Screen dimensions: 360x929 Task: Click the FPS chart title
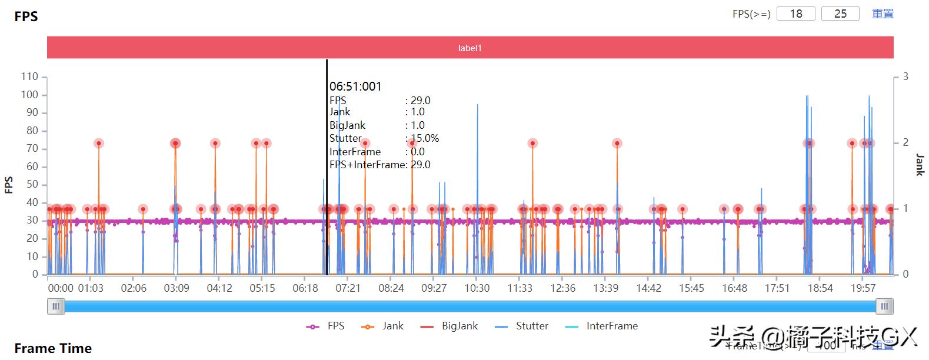pos(26,16)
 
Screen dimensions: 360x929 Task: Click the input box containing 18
pos(795,14)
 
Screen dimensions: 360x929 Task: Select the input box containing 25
pos(840,14)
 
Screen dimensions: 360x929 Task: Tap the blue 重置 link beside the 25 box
pos(883,14)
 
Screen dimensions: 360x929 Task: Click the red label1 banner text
pos(470,48)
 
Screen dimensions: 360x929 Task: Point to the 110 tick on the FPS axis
pos(29,76)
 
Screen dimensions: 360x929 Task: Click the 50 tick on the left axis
pos(32,184)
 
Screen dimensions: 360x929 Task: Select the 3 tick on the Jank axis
pos(905,76)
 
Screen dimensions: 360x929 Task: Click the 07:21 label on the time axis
pos(348,288)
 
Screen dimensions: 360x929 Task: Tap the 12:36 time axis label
pos(562,288)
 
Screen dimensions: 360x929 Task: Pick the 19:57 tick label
pos(863,288)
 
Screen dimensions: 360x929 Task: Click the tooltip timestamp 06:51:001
pos(355,86)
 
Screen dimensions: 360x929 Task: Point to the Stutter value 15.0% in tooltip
pos(424,138)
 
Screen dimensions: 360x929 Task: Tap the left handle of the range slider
pos(56,306)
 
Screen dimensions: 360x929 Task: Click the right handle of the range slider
pos(884,306)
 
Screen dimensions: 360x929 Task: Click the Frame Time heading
pos(53,348)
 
